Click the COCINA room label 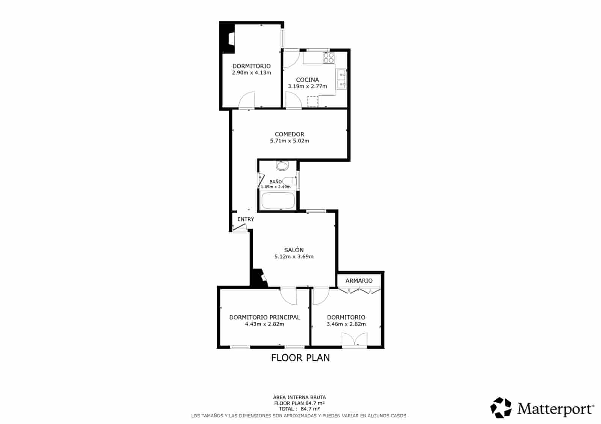307,80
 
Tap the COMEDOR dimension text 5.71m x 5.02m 289,141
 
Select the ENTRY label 246,219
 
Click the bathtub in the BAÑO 278,201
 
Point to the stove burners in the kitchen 329,57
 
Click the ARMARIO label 359,281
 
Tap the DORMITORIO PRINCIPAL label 264,317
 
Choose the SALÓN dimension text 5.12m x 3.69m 294,257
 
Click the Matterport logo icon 501,407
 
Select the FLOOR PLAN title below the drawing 300,358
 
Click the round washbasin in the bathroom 282,165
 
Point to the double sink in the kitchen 341,79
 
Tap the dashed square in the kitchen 313,101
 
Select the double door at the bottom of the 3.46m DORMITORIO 354,340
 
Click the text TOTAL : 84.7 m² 299,409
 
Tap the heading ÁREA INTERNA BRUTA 299,397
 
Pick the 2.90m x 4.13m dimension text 251,73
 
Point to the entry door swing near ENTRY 240,227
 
